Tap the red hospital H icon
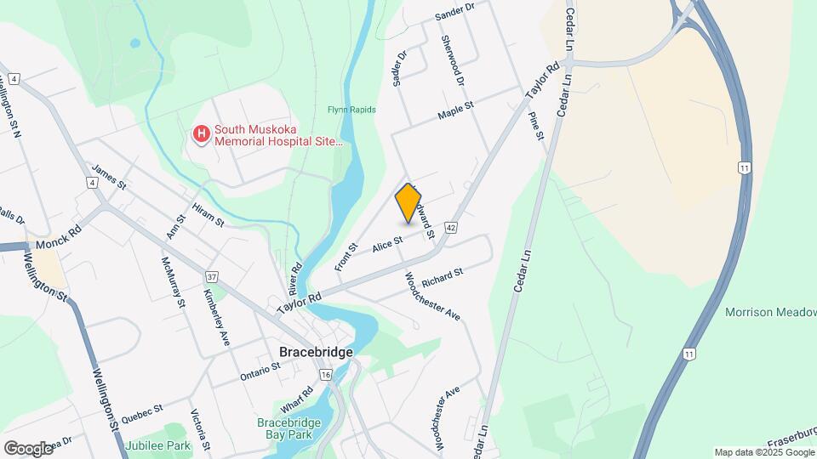coord(202,134)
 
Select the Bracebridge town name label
coord(315,351)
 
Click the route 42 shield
coord(451,228)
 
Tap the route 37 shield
coord(212,276)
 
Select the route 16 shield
coord(326,375)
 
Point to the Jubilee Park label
coord(157,445)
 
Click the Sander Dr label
coord(454,10)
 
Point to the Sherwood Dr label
coord(453,60)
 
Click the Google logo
coord(27,448)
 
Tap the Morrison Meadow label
coord(770,312)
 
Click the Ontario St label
coord(260,372)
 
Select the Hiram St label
coord(207,215)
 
